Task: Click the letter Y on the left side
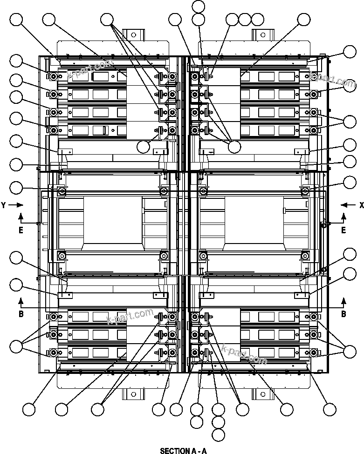coord(4,205)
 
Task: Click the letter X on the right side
coord(361,205)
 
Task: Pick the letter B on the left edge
coord(21,314)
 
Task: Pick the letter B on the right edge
coord(343,314)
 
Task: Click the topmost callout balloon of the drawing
coord(199,6)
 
